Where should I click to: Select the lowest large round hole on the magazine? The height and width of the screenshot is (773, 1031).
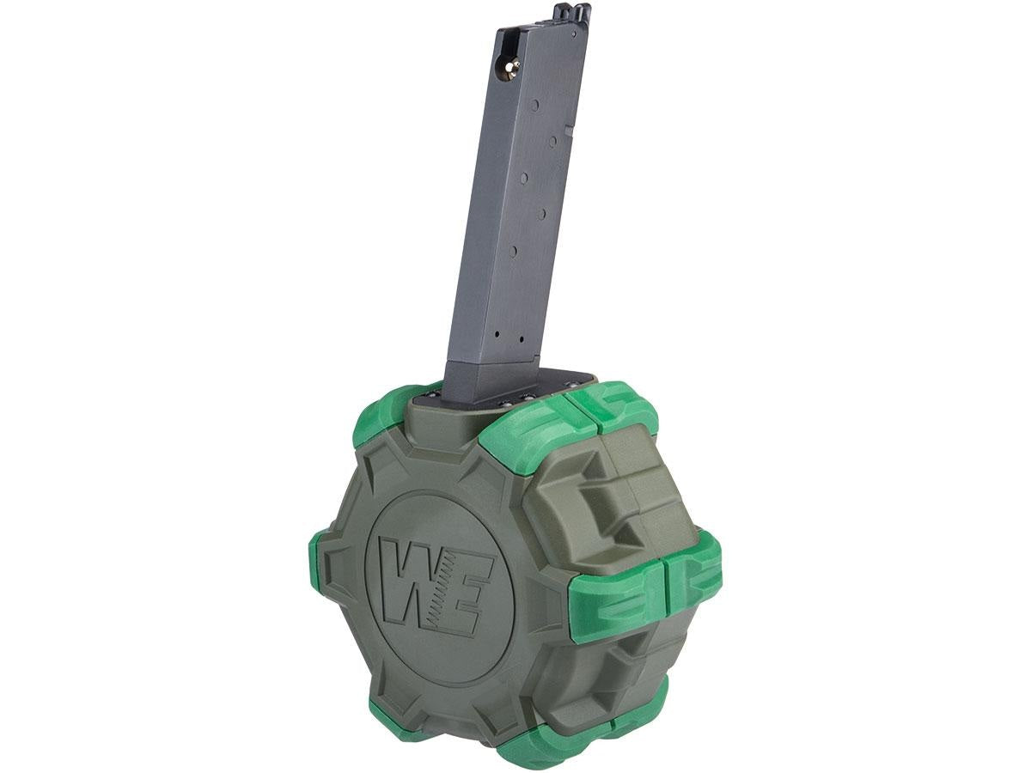513,249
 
